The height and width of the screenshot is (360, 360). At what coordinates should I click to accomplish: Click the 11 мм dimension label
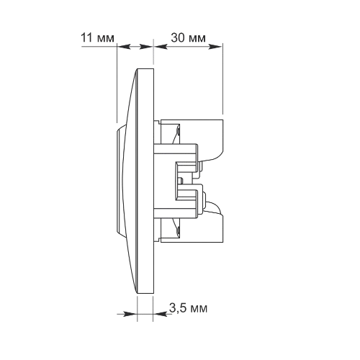pyautogui.click(x=97, y=38)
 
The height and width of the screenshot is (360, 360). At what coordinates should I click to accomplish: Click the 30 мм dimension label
pyautogui.click(x=188, y=38)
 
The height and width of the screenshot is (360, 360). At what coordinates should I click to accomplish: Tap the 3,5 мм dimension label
pyautogui.click(x=188, y=308)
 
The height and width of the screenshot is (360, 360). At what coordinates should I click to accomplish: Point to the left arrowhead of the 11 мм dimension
pyautogui.click(x=124, y=47)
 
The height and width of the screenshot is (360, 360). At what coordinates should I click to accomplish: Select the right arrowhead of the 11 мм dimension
pyautogui.click(x=146, y=47)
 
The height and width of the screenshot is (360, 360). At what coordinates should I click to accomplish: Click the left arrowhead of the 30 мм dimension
pyautogui.click(x=161, y=47)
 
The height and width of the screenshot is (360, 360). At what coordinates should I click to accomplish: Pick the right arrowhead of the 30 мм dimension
pyautogui.click(x=215, y=47)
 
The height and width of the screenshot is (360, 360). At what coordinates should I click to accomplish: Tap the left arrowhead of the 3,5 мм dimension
pyautogui.click(x=130, y=314)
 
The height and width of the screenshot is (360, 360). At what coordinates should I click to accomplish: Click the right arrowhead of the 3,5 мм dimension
pyautogui.click(x=160, y=314)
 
